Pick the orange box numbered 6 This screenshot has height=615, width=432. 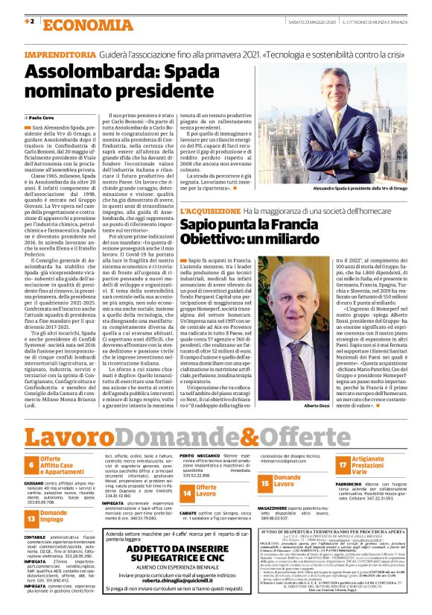point(31,466)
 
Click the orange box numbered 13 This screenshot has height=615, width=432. point(31,517)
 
